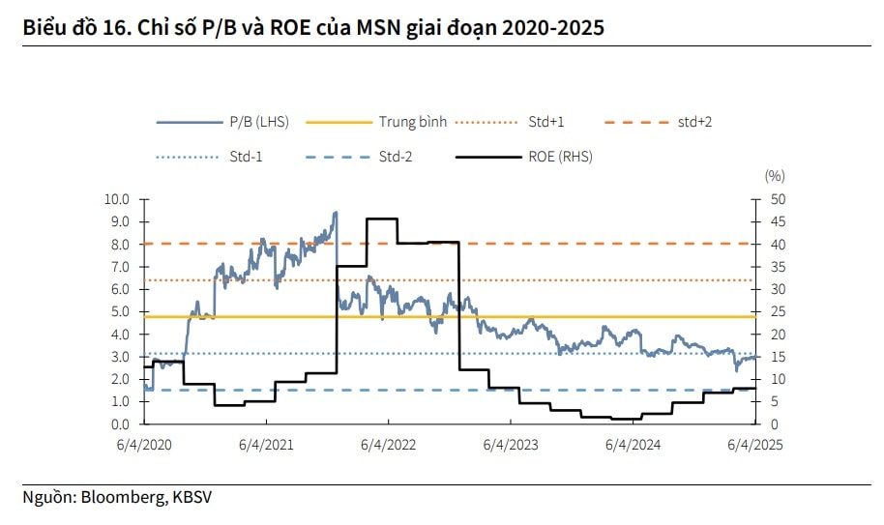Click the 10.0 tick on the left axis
[117, 199]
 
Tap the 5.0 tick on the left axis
[120, 312]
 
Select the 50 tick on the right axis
[777, 199]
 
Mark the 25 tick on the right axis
[777, 312]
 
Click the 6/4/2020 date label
[143, 445]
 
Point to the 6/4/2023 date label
[511, 445]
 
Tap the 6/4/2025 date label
[754, 445]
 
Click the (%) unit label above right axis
[775, 176]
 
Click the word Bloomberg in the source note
[123, 498]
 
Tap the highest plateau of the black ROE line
[381, 219]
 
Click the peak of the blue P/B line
[335, 213]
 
